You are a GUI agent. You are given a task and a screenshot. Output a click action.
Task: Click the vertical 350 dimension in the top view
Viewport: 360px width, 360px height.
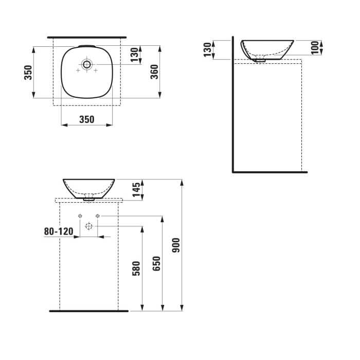29,73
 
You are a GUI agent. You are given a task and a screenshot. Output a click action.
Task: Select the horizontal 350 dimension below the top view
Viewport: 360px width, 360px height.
87,119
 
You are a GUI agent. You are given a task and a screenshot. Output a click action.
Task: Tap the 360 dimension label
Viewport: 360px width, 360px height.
154,72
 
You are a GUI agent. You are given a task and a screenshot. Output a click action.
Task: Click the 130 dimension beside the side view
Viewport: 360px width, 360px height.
208,50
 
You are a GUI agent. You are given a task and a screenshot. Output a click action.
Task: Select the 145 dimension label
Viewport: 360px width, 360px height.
136,189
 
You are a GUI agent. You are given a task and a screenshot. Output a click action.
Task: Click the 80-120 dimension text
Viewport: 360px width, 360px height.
59,231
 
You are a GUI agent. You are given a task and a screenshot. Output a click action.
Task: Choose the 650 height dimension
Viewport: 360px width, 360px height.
157,263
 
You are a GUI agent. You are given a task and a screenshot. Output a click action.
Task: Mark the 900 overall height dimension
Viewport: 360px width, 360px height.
176,245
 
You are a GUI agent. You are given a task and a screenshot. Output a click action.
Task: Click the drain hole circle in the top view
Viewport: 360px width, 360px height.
86,64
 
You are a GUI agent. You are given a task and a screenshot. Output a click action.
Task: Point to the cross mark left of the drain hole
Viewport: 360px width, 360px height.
78,70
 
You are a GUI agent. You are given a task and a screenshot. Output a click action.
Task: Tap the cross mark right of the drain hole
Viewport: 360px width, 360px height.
96,70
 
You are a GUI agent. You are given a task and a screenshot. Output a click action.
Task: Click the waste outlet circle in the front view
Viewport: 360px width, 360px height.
89,226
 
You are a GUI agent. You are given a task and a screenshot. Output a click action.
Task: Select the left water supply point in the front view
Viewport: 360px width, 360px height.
80,216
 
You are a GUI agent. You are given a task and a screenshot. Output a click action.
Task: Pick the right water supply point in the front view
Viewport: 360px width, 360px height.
97,216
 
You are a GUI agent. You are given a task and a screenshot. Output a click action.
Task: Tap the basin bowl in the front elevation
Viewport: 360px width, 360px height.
89,187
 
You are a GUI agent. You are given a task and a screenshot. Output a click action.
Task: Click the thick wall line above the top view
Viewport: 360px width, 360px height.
86,38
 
